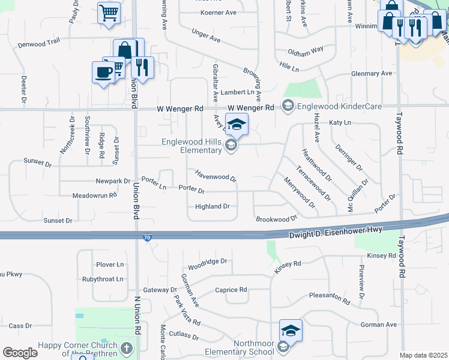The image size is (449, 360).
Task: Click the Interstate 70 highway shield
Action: [147, 238]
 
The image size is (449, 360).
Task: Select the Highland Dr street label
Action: [212, 206]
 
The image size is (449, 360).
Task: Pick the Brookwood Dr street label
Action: [277, 219]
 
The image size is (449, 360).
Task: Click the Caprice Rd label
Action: [231, 289]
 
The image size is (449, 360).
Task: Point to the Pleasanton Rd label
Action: [329, 298]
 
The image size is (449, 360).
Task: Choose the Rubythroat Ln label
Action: [103, 279]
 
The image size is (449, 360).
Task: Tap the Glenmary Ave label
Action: [371, 74]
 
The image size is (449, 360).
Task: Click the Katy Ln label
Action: [340, 122]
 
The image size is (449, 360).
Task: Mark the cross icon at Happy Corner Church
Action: [126, 348]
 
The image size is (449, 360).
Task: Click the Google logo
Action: [20, 352]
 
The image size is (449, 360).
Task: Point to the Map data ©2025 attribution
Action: [423, 355]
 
